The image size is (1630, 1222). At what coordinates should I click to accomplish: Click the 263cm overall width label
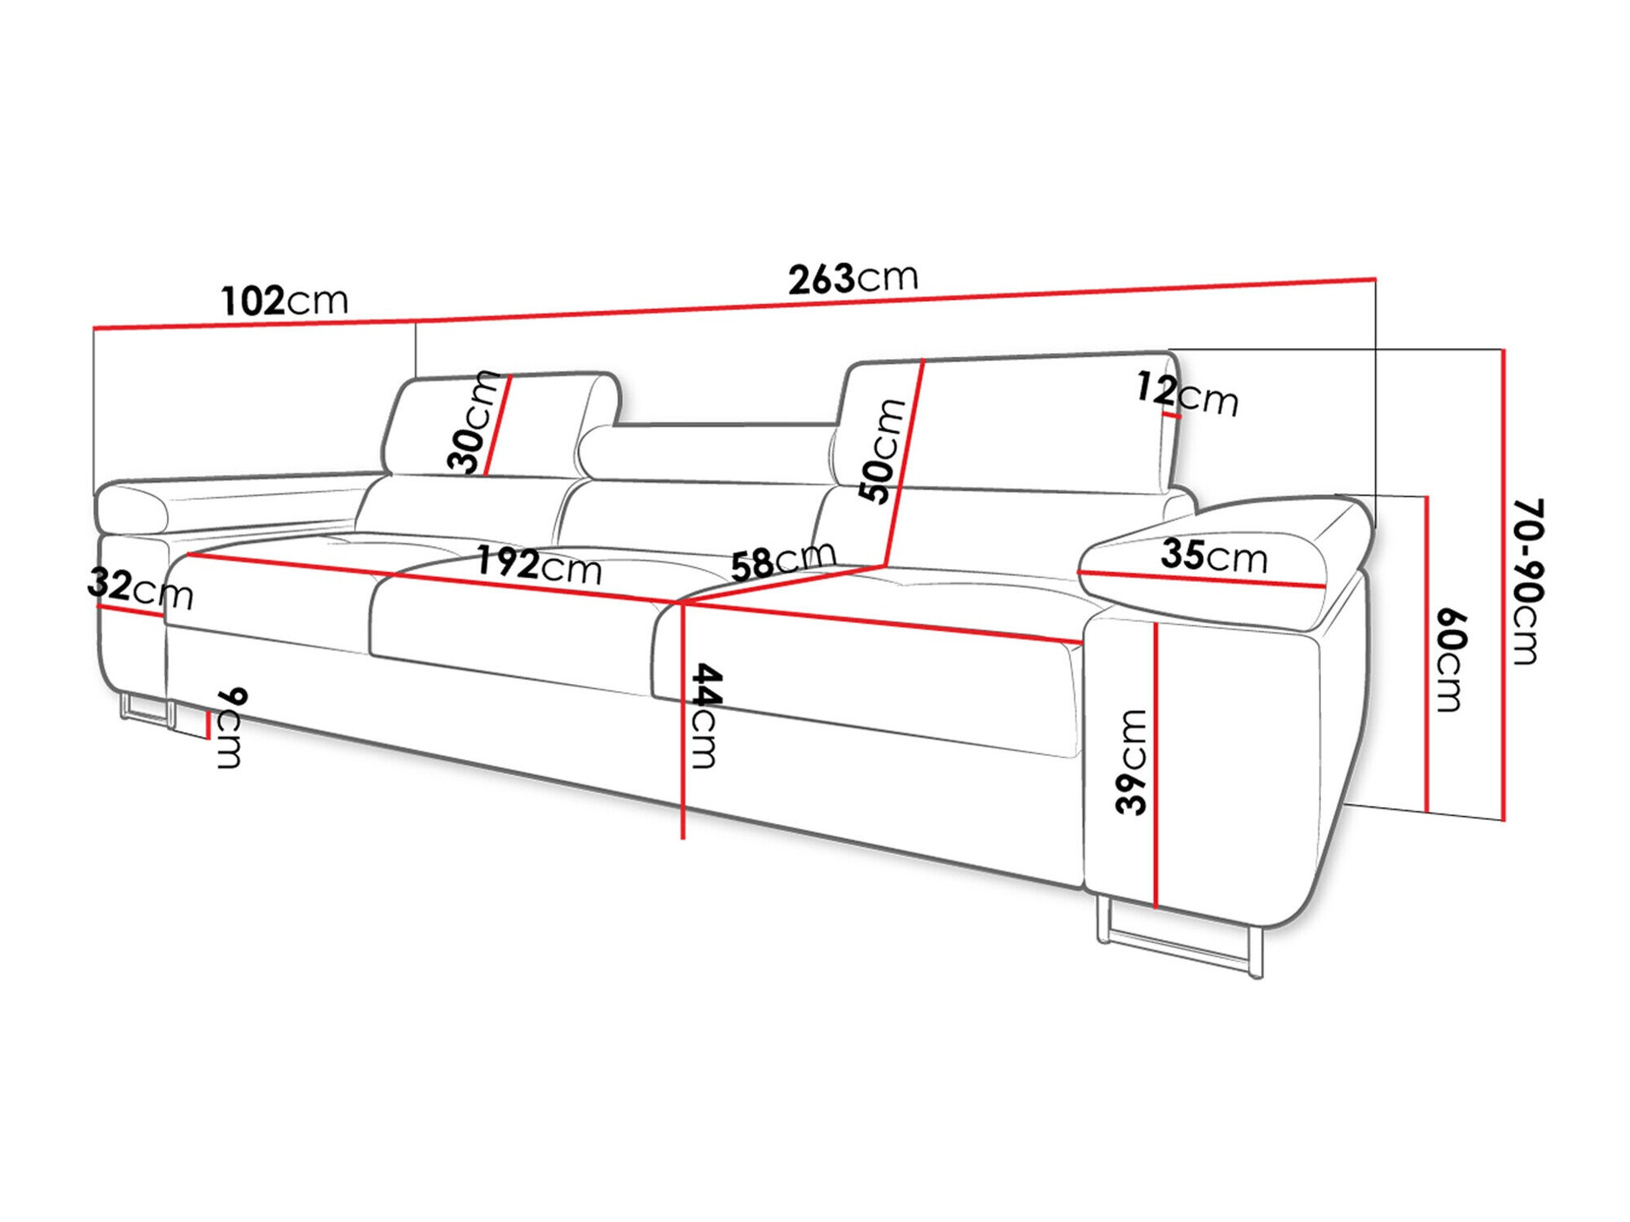tap(852, 279)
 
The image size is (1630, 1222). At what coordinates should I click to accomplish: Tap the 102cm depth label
tap(284, 301)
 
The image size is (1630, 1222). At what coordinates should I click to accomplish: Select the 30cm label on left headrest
tap(473, 421)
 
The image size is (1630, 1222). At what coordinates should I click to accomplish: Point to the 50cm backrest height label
tap(882, 450)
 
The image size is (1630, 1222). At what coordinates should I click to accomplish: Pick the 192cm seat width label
tap(538, 564)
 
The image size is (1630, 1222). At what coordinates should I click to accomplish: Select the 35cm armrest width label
tap(1214, 556)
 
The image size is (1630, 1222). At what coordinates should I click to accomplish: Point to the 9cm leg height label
tap(231, 728)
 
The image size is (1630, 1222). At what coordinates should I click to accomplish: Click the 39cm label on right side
tap(1133, 761)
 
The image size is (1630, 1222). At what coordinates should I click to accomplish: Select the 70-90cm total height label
tap(1526, 580)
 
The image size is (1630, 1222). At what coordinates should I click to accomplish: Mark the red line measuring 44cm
tap(683, 734)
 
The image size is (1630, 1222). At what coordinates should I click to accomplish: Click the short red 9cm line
tap(209, 725)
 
